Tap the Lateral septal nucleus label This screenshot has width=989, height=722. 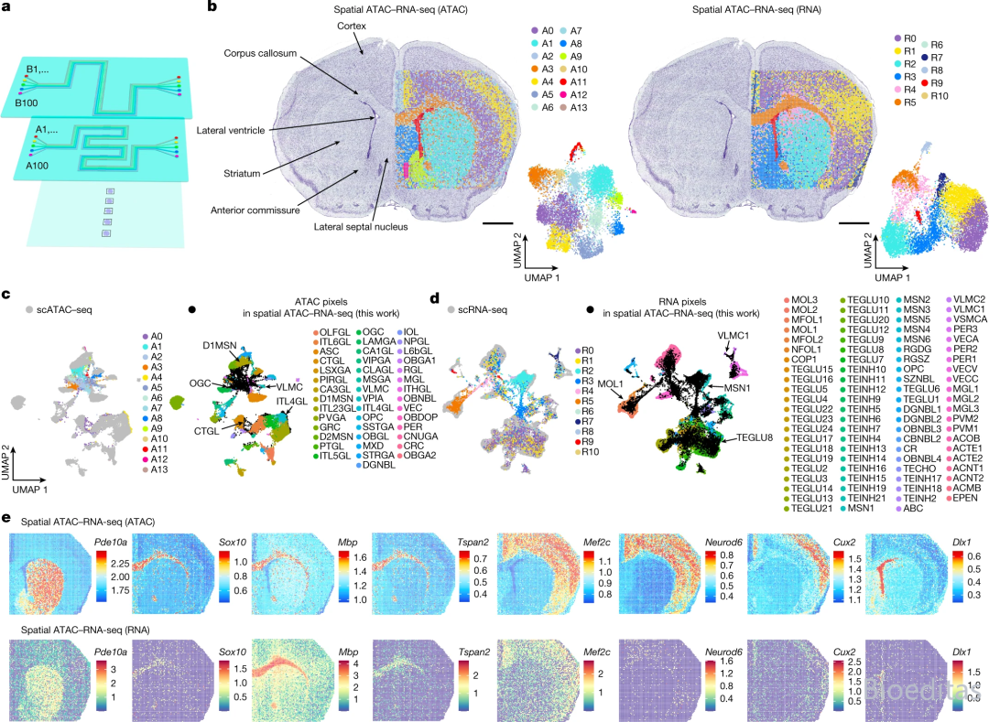[x=361, y=226]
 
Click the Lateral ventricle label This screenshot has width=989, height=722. [x=231, y=131]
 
